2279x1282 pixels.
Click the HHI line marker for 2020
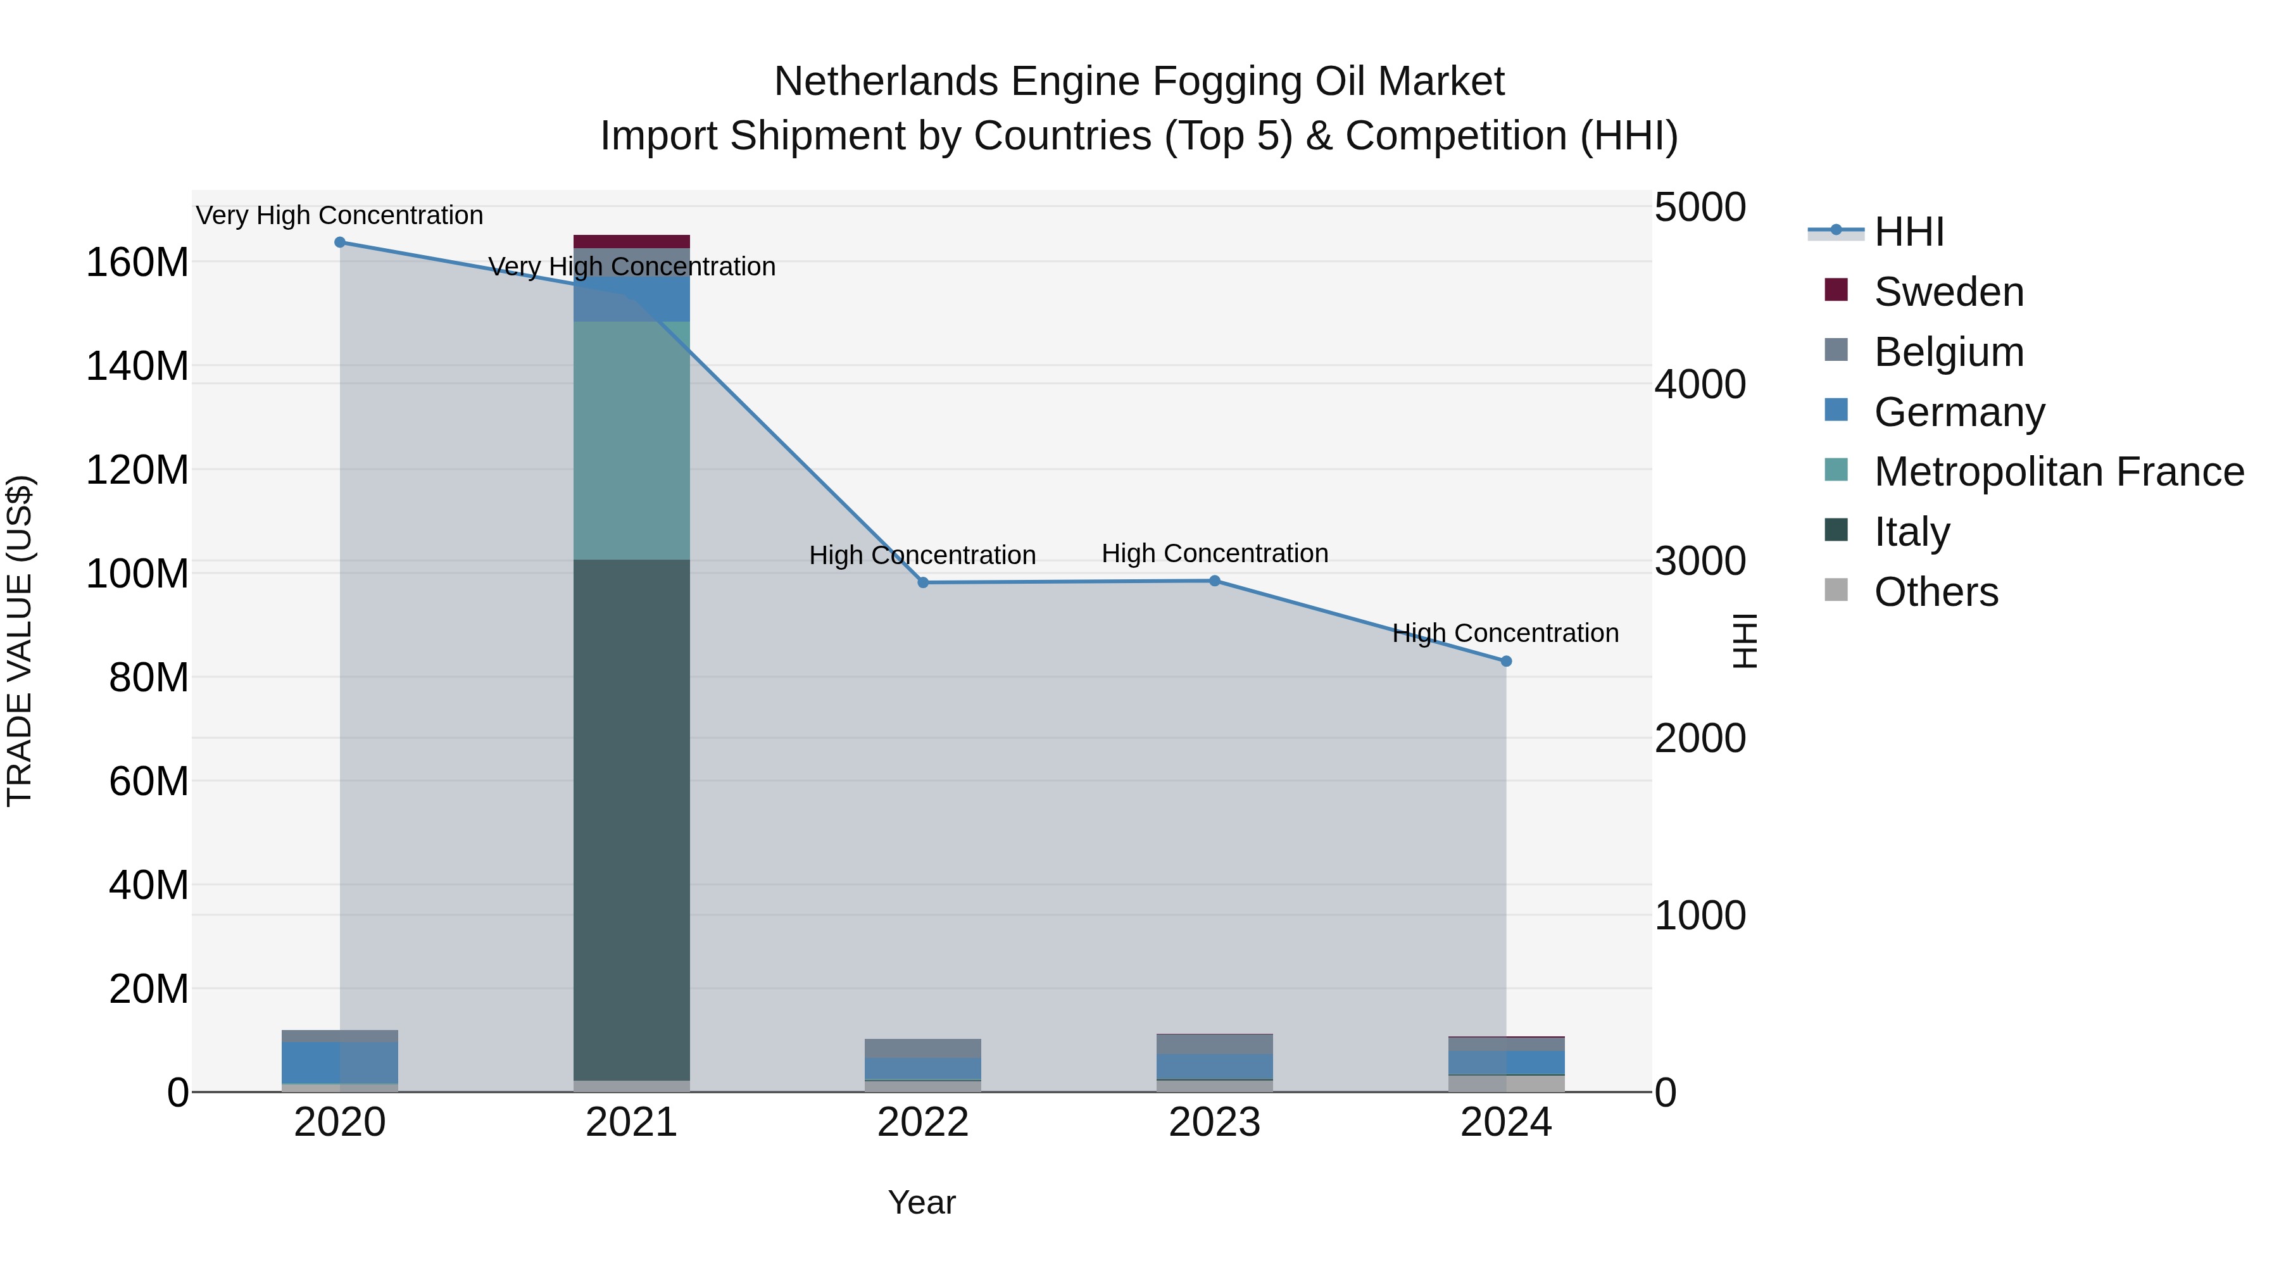(340, 242)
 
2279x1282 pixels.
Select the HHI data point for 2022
(923, 583)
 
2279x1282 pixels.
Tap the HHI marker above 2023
(1215, 581)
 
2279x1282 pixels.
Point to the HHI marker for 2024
(1507, 661)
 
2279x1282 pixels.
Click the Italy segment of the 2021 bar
(632, 819)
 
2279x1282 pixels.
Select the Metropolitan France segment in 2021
(632, 440)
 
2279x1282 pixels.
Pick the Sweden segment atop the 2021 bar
(632, 242)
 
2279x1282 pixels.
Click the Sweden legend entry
(1948, 292)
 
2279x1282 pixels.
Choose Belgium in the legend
(1948, 352)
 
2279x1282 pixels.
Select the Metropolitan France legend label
(2059, 472)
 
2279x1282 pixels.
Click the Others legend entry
(1936, 592)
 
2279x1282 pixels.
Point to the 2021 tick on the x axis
(632, 1122)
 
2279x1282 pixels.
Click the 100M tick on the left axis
(137, 574)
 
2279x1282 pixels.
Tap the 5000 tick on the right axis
(1700, 208)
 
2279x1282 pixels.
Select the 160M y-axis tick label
(137, 263)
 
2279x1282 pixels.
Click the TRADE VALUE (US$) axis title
(20, 641)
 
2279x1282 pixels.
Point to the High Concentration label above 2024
(1506, 634)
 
